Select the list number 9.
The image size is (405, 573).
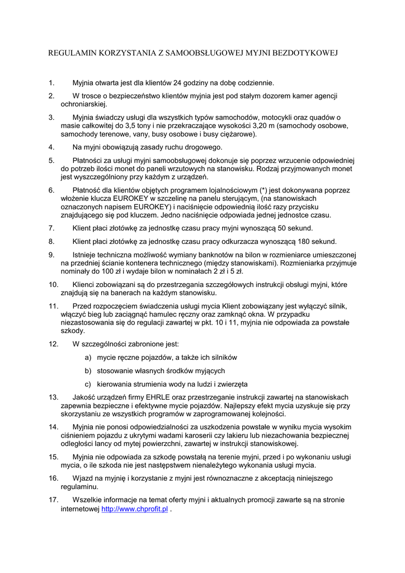pos(51,255)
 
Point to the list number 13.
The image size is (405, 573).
pos(53,397)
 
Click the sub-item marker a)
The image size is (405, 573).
pos(88,357)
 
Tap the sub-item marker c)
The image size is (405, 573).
pos(88,384)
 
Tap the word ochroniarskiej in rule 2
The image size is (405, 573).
pos(83,104)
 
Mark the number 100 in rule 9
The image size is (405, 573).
pos(131,271)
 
